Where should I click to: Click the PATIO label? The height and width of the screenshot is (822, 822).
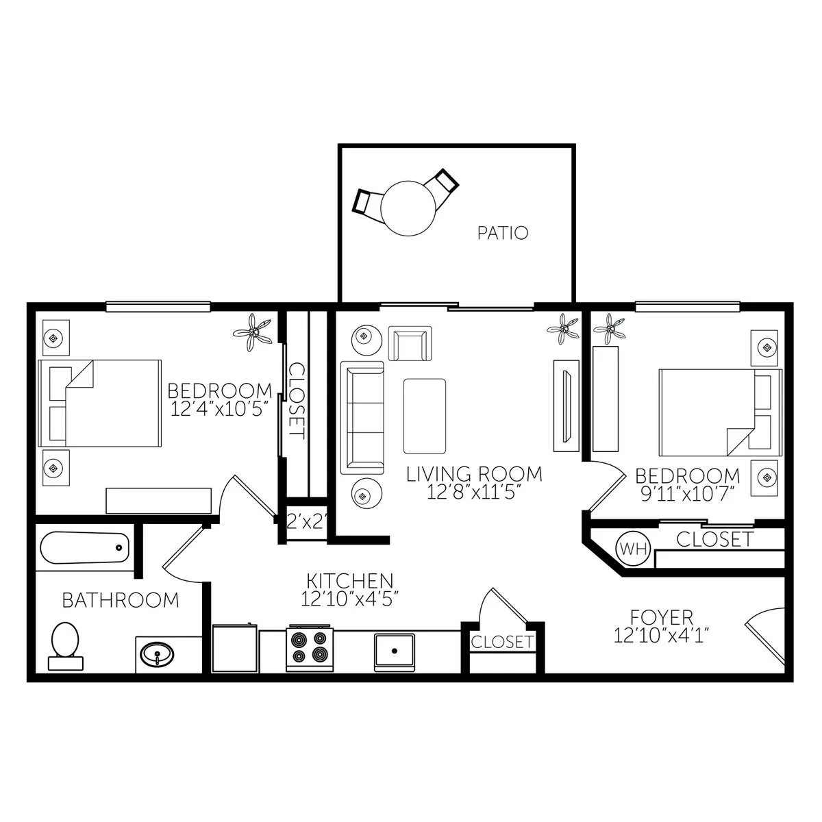[503, 233]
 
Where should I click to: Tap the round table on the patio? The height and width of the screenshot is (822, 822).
[409, 208]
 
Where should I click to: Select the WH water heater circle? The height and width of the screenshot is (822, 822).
[634, 548]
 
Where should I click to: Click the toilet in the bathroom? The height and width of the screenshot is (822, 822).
[65, 646]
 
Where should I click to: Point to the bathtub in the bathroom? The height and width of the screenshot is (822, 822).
[84, 547]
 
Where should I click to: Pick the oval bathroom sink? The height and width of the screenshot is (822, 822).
[157, 653]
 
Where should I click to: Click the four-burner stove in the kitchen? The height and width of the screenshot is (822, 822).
[309, 647]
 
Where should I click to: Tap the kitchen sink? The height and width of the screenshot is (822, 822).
[394, 652]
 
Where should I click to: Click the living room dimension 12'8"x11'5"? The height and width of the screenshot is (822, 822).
[474, 493]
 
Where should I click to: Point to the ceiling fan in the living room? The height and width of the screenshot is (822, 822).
[564, 329]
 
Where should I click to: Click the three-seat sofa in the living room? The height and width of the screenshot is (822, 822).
[362, 418]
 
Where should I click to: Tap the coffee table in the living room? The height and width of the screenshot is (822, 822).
[425, 416]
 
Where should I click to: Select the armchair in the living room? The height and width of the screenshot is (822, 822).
[410, 343]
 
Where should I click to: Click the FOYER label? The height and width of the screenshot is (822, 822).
[662, 616]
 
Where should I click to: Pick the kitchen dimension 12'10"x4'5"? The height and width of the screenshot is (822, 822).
[349, 599]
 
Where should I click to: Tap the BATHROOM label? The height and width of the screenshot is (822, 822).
[121, 600]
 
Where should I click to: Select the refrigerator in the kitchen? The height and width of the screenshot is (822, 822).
[235, 647]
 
